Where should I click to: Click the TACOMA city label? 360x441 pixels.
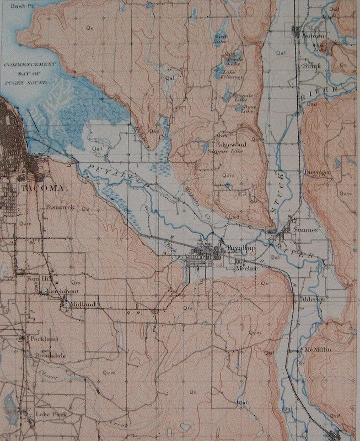pyautogui.click(x=42, y=188)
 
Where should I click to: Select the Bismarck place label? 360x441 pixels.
pyautogui.click(x=60, y=207)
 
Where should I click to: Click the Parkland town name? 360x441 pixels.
pyautogui.click(x=44, y=339)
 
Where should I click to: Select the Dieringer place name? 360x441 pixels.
pyautogui.click(x=317, y=172)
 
